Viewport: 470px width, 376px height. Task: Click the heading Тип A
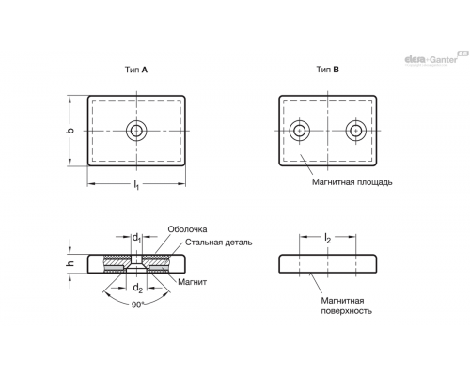coord(136,70)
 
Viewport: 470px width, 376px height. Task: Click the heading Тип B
coord(327,70)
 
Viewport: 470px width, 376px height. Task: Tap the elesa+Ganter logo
coord(436,58)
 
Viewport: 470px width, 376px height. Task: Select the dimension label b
coord(71,131)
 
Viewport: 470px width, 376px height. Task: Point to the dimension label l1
coord(136,185)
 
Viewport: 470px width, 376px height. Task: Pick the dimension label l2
coord(327,239)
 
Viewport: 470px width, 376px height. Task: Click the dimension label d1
coord(136,238)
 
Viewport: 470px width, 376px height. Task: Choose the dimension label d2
coord(137,288)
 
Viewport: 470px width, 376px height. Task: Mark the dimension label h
coord(70,263)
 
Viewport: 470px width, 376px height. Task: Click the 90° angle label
coord(137,305)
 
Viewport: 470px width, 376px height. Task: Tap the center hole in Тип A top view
coord(136,131)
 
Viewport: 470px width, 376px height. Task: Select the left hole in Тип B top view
coord(300,131)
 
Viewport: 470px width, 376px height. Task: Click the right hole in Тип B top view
coord(356,131)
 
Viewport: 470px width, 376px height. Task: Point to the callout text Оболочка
coord(187,229)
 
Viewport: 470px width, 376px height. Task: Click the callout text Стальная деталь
coord(218,243)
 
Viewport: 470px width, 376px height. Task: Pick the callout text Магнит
coord(193,282)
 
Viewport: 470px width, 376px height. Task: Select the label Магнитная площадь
coord(352,182)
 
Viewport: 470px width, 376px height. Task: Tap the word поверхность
coord(347,311)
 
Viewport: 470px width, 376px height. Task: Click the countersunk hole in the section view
coord(136,264)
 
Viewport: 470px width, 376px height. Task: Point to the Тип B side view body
coord(328,264)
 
